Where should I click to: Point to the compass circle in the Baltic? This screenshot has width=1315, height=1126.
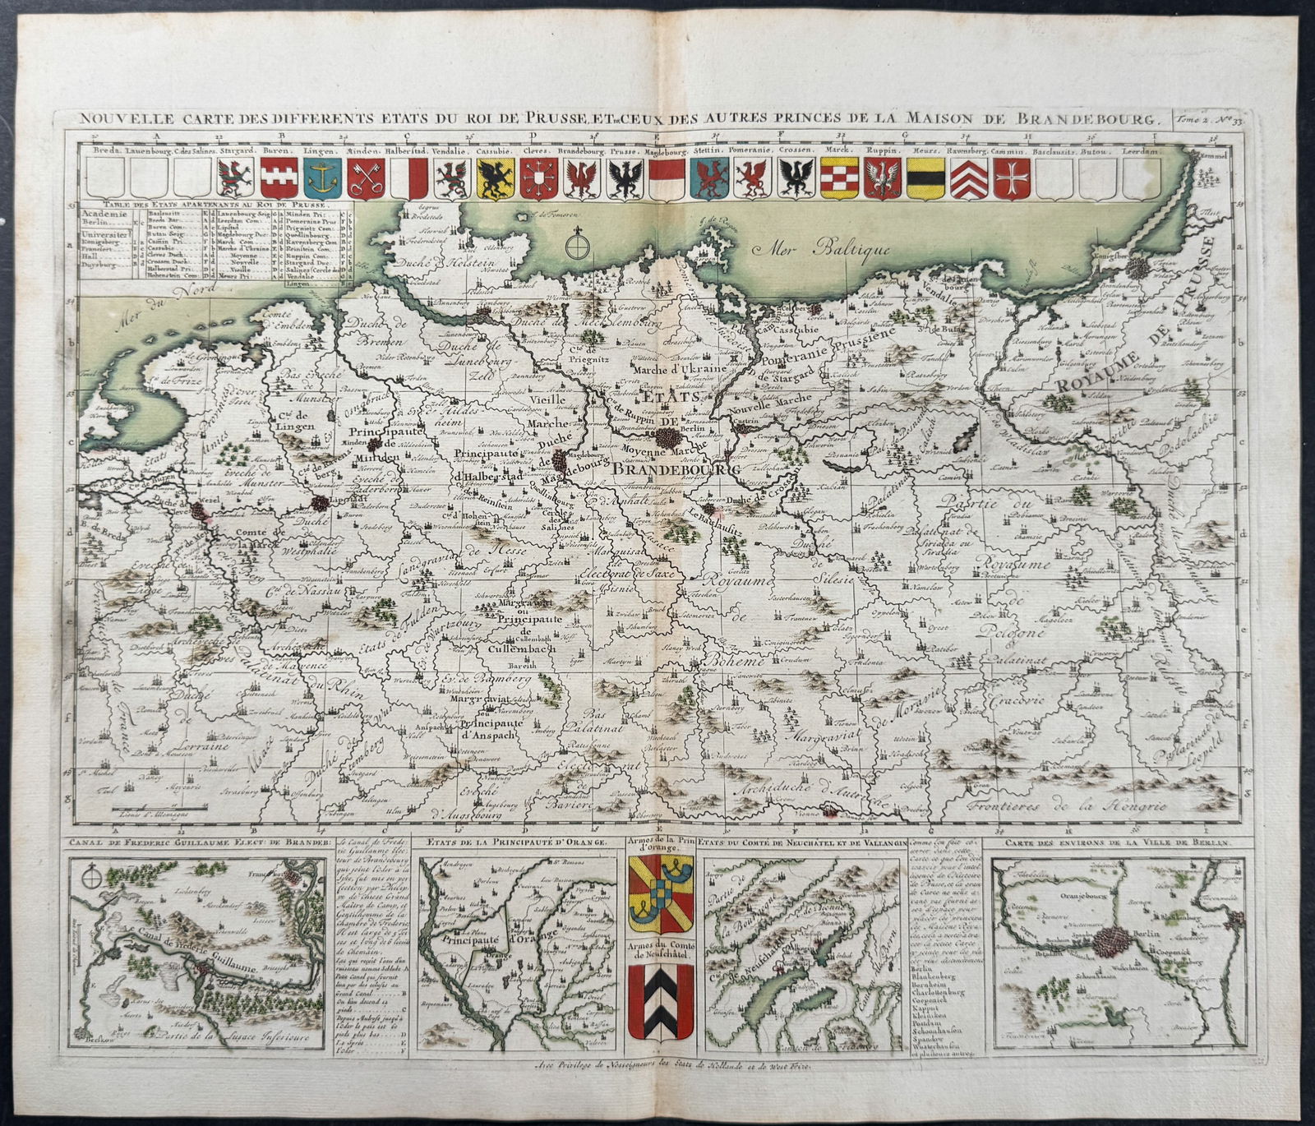coord(579,246)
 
